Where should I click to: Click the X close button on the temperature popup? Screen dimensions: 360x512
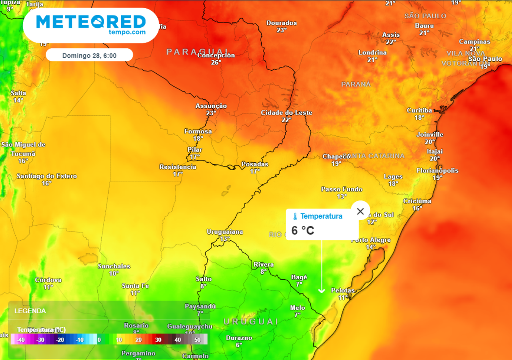pos(360,211)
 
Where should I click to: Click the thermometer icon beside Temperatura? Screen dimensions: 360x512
pos(295,216)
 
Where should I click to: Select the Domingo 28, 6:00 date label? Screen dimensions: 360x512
pos(89,55)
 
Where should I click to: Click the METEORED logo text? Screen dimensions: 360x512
pos(91,22)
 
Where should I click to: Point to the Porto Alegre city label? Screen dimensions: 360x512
pos(370,240)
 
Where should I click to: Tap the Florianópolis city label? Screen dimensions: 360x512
pos(437,171)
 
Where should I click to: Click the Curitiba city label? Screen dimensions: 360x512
pos(419,110)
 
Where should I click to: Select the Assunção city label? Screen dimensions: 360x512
pos(211,106)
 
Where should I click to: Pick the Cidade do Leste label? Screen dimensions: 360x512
pos(286,113)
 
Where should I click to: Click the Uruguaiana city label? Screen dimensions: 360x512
pos(225,232)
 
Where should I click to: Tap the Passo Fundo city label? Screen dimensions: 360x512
pos(341,189)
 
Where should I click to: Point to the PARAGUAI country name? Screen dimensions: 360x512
pos(198,51)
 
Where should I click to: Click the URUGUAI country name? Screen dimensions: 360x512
pos(250,321)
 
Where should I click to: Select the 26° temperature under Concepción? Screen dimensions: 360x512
pos(216,62)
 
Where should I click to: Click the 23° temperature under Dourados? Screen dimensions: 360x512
pos(282,30)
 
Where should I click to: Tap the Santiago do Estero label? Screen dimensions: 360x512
pos(47,176)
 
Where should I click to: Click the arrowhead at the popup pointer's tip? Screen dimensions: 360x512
pos(321,290)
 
